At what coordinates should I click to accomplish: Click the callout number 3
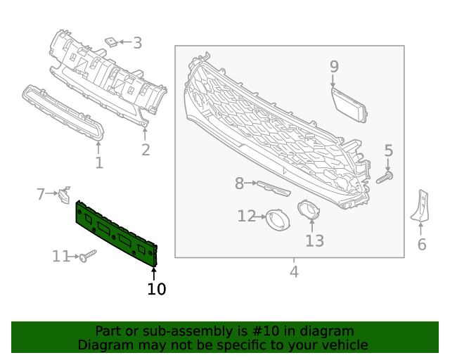pos(137,43)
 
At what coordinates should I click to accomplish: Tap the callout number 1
pos(99,163)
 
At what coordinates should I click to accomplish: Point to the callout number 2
pos(146,150)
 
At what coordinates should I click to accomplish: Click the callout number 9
pos(334,67)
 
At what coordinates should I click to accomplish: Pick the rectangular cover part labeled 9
pos(349,103)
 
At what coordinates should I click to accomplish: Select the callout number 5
pos(388,150)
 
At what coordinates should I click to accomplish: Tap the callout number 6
pos(422,245)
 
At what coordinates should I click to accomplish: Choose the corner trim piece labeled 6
pos(421,206)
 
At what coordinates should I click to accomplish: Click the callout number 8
pos(239,184)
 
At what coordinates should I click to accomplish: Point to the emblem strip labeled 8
pos(273,188)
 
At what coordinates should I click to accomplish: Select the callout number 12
pos(246,217)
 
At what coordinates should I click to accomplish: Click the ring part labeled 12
pos(278,220)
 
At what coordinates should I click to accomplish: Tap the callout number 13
pos(314,241)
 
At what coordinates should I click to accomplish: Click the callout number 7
pos(41,193)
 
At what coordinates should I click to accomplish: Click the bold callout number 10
pos(156,288)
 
